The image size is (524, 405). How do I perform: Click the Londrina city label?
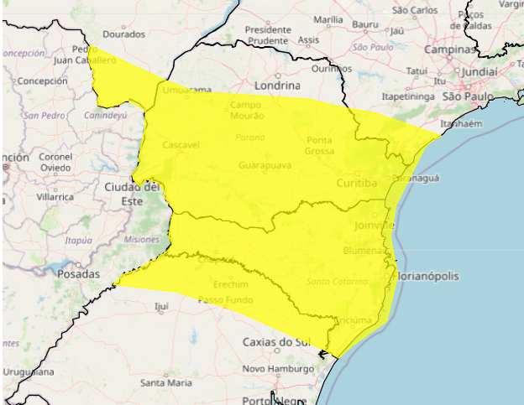tap(276, 86)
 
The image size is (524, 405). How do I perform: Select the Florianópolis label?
tap(435, 276)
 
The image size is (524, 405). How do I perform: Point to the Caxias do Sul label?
tap(276, 342)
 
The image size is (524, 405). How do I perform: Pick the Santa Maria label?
tap(166, 382)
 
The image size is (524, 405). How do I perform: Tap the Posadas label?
tap(79, 273)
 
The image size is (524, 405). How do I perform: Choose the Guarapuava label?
tap(265, 166)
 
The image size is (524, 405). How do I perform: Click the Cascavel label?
tap(181, 145)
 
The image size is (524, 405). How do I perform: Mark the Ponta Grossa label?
tap(319, 145)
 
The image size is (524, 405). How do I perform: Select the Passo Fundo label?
tap(225, 299)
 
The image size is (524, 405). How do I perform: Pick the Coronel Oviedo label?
tap(57, 162)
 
